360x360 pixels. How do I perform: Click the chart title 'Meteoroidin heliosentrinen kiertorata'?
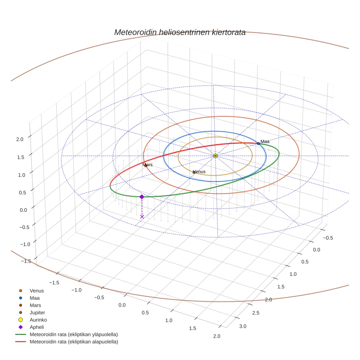(x=180, y=32)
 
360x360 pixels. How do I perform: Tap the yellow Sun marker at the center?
(x=215, y=156)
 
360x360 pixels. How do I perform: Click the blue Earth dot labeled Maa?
(x=258, y=143)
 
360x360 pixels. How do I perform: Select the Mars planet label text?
(x=147, y=165)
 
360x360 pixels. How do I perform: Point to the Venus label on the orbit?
(x=199, y=172)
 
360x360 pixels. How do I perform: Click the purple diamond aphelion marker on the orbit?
(x=142, y=197)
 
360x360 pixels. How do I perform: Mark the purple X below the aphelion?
(x=142, y=217)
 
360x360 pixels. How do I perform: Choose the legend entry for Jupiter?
(x=37, y=312)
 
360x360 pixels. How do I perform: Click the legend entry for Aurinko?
(x=38, y=320)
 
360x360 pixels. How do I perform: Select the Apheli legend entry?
(x=37, y=327)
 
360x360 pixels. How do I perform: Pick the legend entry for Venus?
(x=37, y=291)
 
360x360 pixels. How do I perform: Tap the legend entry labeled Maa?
(x=35, y=298)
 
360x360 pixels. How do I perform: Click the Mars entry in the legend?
(x=35, y=305)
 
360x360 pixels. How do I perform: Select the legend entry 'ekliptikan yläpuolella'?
(x=74, y=334)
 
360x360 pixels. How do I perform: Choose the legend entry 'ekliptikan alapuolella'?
(x=74, y=342)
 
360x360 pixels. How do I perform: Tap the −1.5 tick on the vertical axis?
(x=26, y=261)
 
